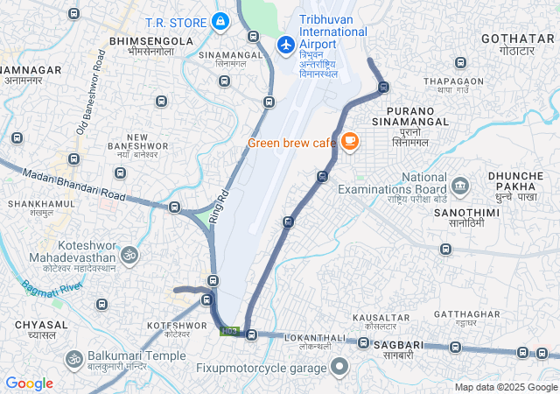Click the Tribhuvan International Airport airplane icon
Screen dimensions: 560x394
click(285, 44)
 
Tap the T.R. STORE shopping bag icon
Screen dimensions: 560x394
click(220, 22)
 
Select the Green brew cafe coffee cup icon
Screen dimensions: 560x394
click(349, 141)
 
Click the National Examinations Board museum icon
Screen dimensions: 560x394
click(460, 186)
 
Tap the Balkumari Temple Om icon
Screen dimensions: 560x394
click(73, 358)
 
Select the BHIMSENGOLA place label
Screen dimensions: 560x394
click(151, 41)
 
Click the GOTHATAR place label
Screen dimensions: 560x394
click(518, 39)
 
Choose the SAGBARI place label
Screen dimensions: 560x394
click(398, 347)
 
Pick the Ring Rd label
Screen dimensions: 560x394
click(219, 208)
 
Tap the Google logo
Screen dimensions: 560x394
click(29, 383)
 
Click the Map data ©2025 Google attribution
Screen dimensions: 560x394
click(505, 387)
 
